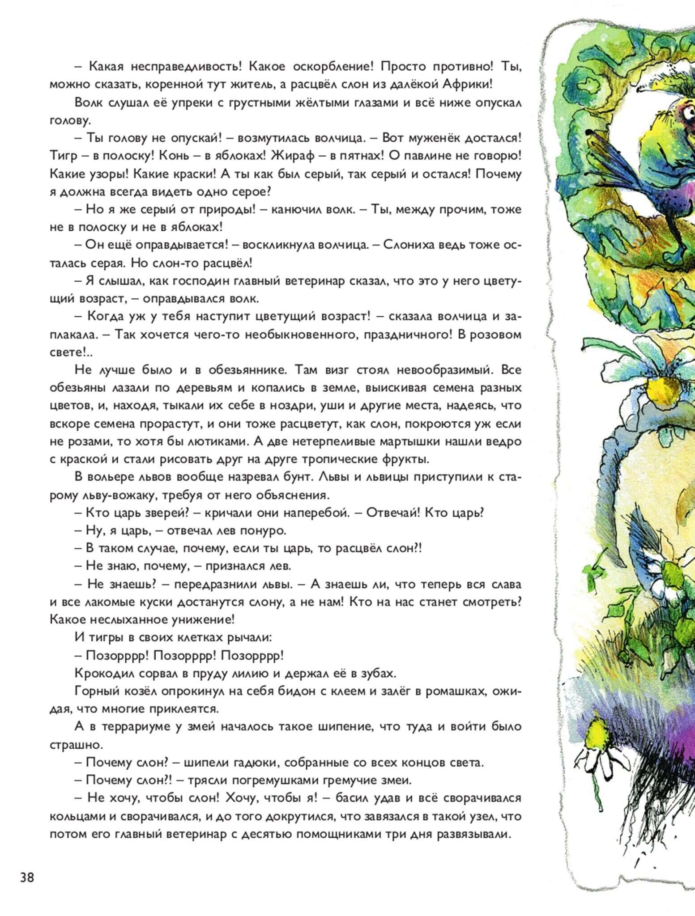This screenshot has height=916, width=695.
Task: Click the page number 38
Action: (x=27, y=878)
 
